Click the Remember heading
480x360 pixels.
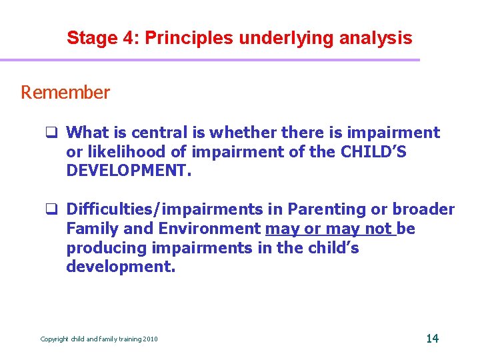coord(65,93)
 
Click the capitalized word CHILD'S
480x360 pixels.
coord(373,152)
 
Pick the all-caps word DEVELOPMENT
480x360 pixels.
coord(128,171)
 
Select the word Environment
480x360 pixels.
coord(210,229)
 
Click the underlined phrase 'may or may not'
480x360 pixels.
coord(330,229)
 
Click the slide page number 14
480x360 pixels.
coord(432,339)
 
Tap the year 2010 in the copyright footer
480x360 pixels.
coord(150,339)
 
